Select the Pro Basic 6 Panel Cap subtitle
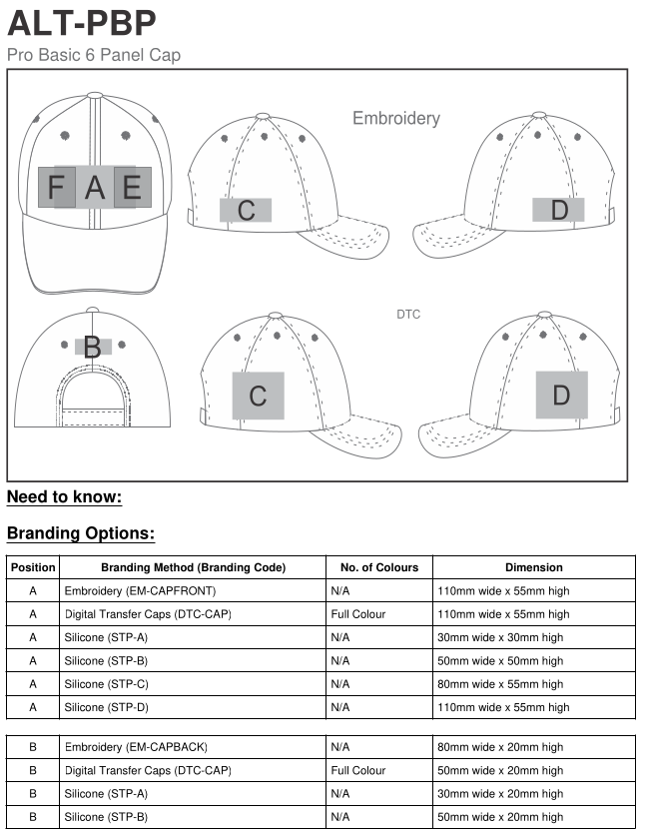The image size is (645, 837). [94, 55]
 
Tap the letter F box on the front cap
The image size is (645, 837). [56, 188]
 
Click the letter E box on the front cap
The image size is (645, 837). [132, 188]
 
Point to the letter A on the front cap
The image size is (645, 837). [95, 188]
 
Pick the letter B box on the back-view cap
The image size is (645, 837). [93, 348]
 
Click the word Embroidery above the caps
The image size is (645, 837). [395, 118]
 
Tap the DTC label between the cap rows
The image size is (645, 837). [408, 315]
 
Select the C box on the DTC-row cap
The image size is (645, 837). [258, 396]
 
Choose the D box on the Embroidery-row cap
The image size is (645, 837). [559, 210]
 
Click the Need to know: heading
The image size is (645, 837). [64, 497]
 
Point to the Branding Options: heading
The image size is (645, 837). [81, 533]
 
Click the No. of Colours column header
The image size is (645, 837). [379, 567]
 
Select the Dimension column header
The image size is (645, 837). [534, 567]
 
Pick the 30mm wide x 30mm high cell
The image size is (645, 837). [500, 637]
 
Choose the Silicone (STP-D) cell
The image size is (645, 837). [106, 707]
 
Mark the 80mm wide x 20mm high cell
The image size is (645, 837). [500, 747]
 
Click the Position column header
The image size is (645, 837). [33, 567]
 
